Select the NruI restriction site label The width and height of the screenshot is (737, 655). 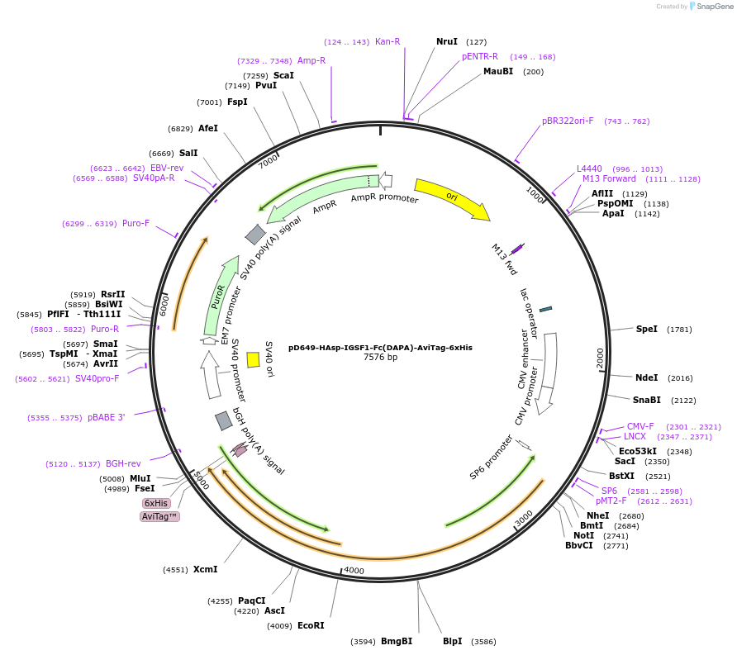[x=446, y=41]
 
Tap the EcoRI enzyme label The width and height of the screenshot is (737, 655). [x=311, y=625]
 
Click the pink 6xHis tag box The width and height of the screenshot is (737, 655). [x=156, y=503]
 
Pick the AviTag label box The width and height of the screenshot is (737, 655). [x=159, y=516]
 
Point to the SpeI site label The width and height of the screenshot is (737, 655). [x=646, y=329]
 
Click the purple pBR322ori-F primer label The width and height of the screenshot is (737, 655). [x=568, y=121]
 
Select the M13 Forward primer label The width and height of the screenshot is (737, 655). [x=609, y=178]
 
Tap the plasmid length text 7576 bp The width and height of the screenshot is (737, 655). [x=380, y=358]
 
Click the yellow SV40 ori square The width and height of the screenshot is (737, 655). [x=254, y=359]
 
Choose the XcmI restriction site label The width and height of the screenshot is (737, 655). [x=205, y=569]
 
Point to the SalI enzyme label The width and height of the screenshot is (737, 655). [x=188, y=153]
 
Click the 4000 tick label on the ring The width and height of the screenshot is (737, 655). [x=354, y=571]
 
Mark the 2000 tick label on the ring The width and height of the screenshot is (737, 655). [x=601, y=358]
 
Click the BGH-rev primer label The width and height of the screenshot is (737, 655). [x=122, y=464]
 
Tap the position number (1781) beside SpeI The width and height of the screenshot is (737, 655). [x=680, y=329]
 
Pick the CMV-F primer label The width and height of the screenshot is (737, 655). [x=640, y=426]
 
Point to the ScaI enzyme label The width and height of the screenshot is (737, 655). [x=283, y=75]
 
